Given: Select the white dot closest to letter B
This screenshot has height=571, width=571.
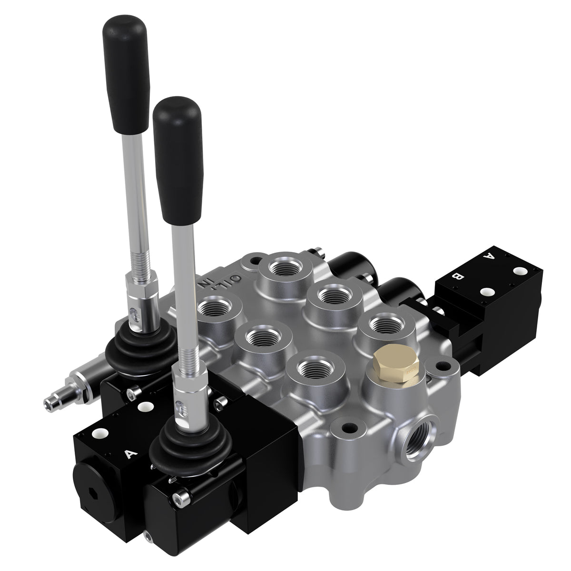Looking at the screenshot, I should (x=486, y=291).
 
